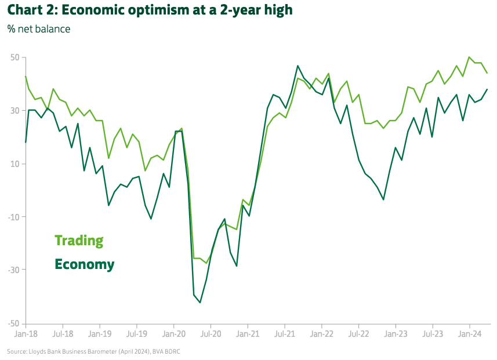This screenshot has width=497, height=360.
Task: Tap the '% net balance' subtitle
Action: coord(39,28)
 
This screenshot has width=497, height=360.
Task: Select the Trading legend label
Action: coord(79,240)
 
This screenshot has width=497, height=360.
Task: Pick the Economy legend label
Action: coord(84,264)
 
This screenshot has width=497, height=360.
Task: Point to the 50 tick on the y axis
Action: coord(14,57)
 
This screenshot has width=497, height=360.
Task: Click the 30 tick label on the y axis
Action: coord(14,111)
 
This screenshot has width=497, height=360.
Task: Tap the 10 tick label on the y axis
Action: coord(14,163)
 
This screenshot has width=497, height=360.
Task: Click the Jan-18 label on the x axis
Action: coord(26,334)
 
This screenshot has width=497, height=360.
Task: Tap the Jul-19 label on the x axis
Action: coord(137,334)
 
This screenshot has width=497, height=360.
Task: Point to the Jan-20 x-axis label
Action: coord(174,334)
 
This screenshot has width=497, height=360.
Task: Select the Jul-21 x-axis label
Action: coord(285,334)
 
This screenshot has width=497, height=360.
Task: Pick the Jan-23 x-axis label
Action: coord(396,334)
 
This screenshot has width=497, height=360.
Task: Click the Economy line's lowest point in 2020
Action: coord(200,302)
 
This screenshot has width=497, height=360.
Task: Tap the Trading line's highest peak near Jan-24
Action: coord(469,57)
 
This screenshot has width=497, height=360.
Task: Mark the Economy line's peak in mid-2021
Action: coord(298,66)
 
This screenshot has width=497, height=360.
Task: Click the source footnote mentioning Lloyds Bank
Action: coord(98,351)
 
